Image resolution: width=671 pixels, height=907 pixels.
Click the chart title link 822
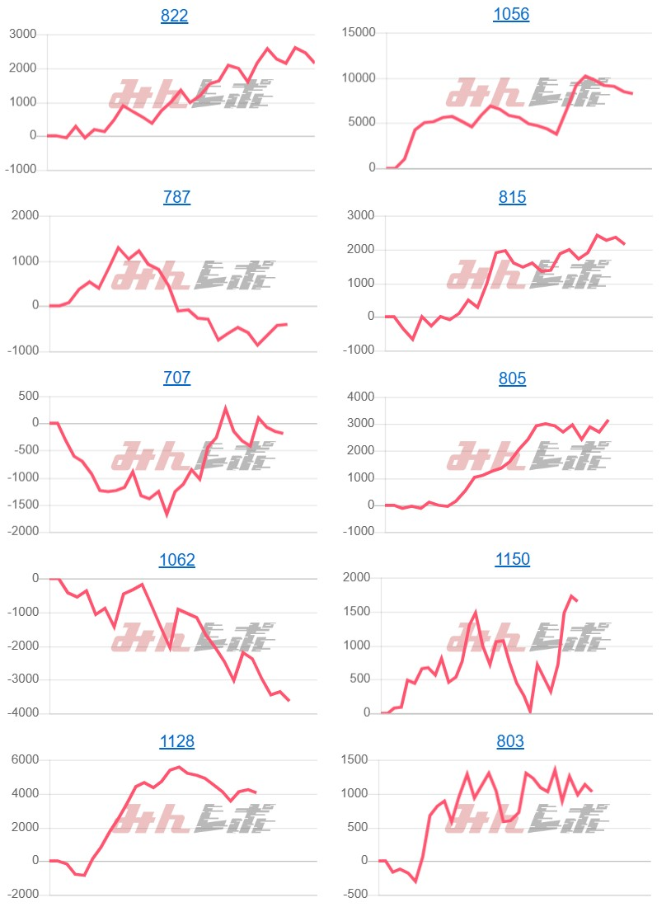[175, 16]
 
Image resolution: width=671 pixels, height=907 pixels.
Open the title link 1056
[511, 14]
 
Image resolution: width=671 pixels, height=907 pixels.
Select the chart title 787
[177, 197]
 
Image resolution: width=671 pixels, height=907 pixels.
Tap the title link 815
[512, 197]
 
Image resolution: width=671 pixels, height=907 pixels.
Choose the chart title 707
[177, 378]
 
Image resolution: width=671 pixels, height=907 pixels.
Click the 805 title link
[512, 378]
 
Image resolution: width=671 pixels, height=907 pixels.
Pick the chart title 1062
[177, 560]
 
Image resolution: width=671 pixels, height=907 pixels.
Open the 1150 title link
[512, 560]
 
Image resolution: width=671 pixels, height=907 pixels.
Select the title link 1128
[177, 741]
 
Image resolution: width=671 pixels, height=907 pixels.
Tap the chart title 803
[510, 741]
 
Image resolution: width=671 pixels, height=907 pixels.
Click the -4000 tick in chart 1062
[23, 713]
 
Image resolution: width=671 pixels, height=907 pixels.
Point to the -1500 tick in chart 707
[23, 505]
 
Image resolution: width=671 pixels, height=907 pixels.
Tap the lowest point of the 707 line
[167, 515]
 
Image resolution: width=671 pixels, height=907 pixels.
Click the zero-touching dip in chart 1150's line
[530, 712]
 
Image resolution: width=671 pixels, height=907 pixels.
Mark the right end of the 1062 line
[289, 701]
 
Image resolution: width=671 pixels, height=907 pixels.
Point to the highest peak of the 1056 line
[585, 76]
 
